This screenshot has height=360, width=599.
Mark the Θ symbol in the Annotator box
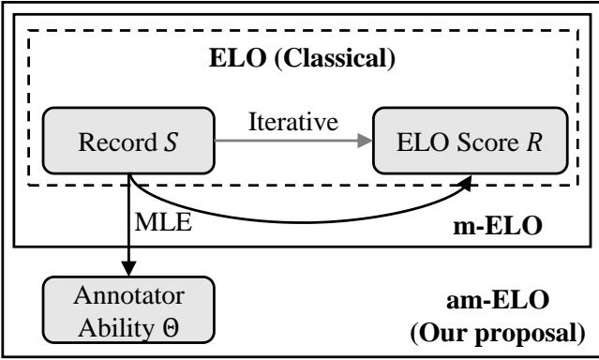point(171,327)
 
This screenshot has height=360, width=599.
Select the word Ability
point(110,327)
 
